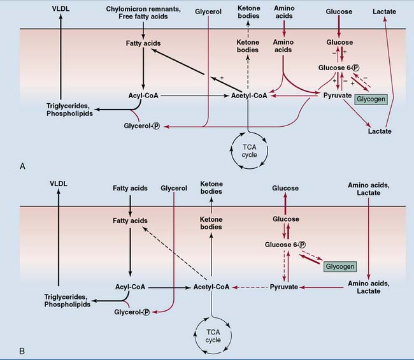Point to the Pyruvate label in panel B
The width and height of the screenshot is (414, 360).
tap(283, 287)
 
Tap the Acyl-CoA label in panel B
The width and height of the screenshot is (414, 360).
tap(131, 287)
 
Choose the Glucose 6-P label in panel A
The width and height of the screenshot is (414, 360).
tap(339, 68)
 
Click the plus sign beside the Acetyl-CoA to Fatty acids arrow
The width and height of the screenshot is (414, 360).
tap(222, 76)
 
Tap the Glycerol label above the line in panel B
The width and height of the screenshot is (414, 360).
tap(173, 188)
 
